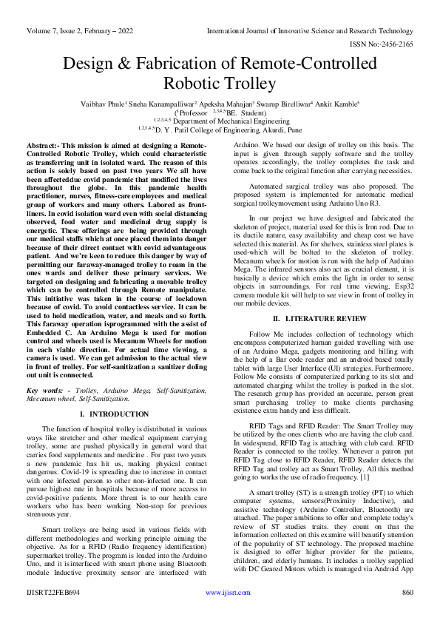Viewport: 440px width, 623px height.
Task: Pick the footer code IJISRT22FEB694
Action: click(53, 613)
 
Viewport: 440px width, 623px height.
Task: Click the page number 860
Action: click(405, 613)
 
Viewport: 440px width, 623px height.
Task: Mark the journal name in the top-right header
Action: click(310, 31)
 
